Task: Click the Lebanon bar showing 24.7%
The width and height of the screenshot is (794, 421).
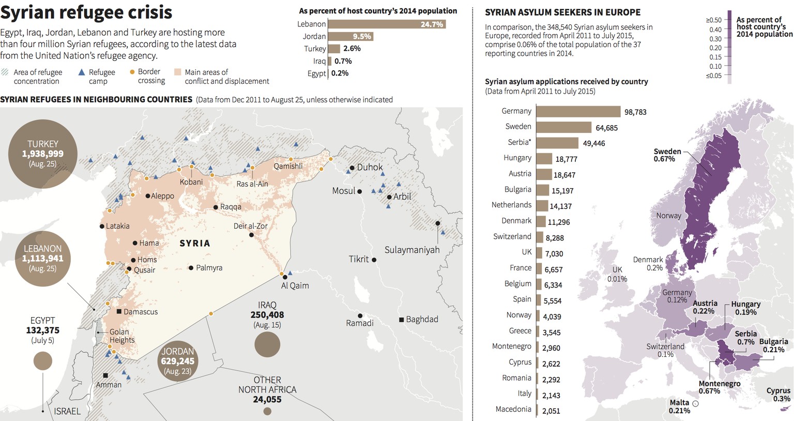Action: tap(387, 24)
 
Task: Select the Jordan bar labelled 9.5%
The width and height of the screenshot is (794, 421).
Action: tap(350, 36)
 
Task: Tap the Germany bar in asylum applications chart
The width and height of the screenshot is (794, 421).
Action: tap(578, 111)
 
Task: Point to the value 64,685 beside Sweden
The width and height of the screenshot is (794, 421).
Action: tap(606, 128)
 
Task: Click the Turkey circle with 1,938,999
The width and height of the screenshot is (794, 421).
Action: tap(43, 154)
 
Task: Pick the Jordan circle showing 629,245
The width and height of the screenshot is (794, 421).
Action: tap(177, 361)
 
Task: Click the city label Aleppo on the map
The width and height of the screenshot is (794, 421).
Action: tap(162, 196)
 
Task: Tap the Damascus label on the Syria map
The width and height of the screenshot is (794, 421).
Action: tap(140, 312)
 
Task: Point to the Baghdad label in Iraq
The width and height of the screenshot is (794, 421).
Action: tap(422, 319)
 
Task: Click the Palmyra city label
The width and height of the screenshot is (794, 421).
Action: tap(209, 268)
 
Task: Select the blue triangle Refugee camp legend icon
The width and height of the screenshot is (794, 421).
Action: tap(81, 72)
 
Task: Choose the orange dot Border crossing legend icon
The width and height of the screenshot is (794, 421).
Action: tap(132, 72)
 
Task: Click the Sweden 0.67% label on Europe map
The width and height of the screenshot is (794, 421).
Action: tap(667, 155)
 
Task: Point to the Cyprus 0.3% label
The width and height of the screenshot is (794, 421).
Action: tap(778, 395)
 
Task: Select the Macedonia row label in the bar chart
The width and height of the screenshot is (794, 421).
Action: tap(513, 409)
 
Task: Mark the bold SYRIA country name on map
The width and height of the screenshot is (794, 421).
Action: tap(195, 243)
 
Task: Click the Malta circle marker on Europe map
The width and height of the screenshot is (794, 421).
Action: tap(695, 403)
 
